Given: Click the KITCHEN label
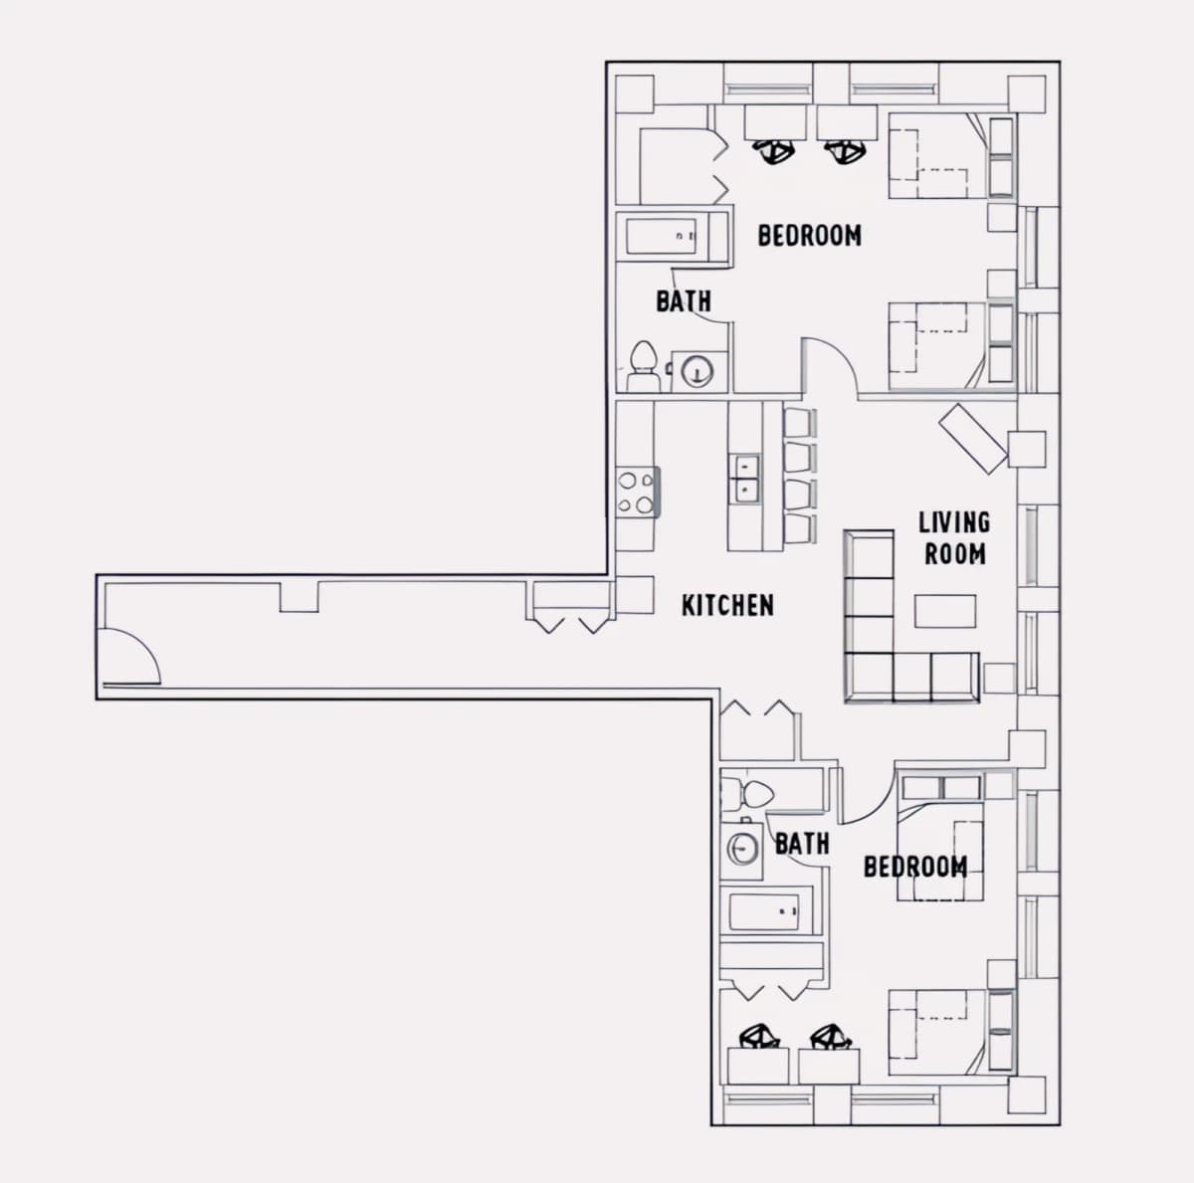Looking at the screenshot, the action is pyautogui.click(x=727, y=606).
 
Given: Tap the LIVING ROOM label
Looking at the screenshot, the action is pyautogui.click(x=954, y=538).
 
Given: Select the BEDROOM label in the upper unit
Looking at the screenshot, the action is pyautogui.click(x=809, y=236).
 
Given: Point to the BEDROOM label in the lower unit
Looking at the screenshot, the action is pyautogui.click(x=915, y=867).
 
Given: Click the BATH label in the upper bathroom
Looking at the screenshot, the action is pyautogui.click(x=684, y=301).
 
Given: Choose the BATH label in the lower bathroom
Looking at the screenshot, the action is pyautogui.click(x=802, y=844).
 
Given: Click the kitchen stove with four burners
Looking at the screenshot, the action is pyautogui.click(x=638, y=493).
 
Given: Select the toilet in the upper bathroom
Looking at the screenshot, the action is pyautogui.click(x=643, y=365).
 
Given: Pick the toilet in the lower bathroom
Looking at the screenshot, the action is pyautogui.click(x=747, y=793).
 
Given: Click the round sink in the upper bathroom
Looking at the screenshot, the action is pyautogui.click(x=697, y=372).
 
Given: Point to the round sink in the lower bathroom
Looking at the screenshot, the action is pyautogui.click(x=741, y=848).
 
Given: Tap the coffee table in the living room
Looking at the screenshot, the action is pyautogui.click(x=945, y=611).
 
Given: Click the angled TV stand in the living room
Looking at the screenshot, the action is pyautogui.click(x=973, y=439).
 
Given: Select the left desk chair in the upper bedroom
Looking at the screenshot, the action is pyautogui.click(x=773, y=150).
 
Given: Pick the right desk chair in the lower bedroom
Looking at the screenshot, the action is pyautogui.click(x=831, y=1038).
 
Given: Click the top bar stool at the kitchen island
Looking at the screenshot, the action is pyautogui.click(x=799, y=423).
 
